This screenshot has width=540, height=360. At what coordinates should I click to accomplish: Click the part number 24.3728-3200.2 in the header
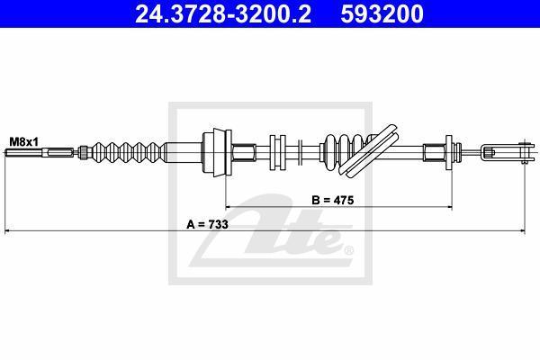[x=223, y=13]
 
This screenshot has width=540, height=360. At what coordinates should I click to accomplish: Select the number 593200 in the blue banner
[x=382, y=13]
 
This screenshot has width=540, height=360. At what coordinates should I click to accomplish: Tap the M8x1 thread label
[x=24, y=141]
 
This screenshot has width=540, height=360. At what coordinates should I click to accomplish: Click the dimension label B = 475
[x=333, y=200]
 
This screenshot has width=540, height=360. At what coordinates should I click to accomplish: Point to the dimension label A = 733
[x=207, y=225]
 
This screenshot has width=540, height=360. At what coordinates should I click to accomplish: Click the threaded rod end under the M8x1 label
[x=40, y=152]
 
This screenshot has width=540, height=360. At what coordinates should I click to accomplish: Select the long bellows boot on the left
[x=130, y=152]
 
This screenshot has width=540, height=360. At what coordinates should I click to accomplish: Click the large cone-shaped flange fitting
[x=217, y=152]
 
